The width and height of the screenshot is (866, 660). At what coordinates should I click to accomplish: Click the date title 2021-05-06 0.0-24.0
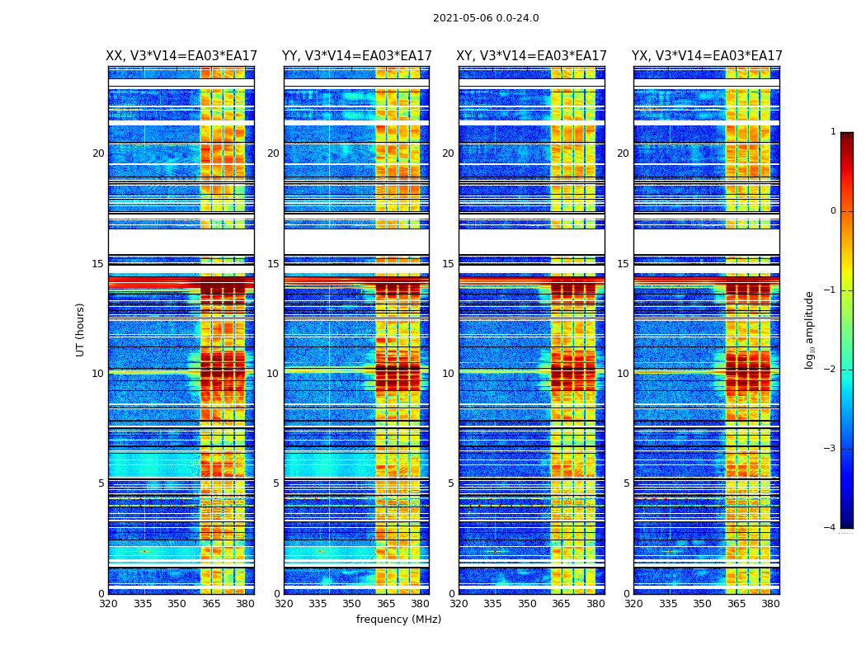[486, 18]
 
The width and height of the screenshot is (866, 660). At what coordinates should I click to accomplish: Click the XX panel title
[181, 56]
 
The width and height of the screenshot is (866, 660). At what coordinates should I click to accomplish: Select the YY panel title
[356, 56]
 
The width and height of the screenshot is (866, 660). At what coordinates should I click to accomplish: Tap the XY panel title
[532, 56]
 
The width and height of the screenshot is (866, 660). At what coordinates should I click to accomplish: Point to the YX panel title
[707, 56]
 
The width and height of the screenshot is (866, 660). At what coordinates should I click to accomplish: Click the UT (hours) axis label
[81, 329]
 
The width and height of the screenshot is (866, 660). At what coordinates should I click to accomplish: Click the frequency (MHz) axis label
[398, 620]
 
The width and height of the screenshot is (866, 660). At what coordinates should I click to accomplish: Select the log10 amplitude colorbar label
[810, 329]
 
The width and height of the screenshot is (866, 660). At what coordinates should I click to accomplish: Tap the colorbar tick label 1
[833, 132]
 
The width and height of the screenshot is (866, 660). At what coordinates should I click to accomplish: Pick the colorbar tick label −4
[831, 528]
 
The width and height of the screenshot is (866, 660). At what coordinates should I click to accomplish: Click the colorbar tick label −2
[831, 370]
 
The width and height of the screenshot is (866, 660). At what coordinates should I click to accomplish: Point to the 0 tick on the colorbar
[833, 211]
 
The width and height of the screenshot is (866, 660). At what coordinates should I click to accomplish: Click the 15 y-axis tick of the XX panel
[98, 264]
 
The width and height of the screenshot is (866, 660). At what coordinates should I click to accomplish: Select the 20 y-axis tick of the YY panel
[273, 153]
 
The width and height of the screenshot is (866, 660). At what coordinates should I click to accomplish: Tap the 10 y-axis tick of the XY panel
[448, 374]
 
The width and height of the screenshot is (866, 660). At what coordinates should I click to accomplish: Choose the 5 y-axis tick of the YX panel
[626, 483]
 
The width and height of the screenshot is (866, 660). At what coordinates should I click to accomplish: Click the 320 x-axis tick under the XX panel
[109, 604]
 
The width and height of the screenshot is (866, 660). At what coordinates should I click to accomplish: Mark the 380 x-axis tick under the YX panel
[770, 604]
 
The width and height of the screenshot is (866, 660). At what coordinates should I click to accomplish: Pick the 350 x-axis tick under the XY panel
[527, 604]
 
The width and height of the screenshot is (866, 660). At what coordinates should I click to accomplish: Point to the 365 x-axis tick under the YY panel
[386, 604]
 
